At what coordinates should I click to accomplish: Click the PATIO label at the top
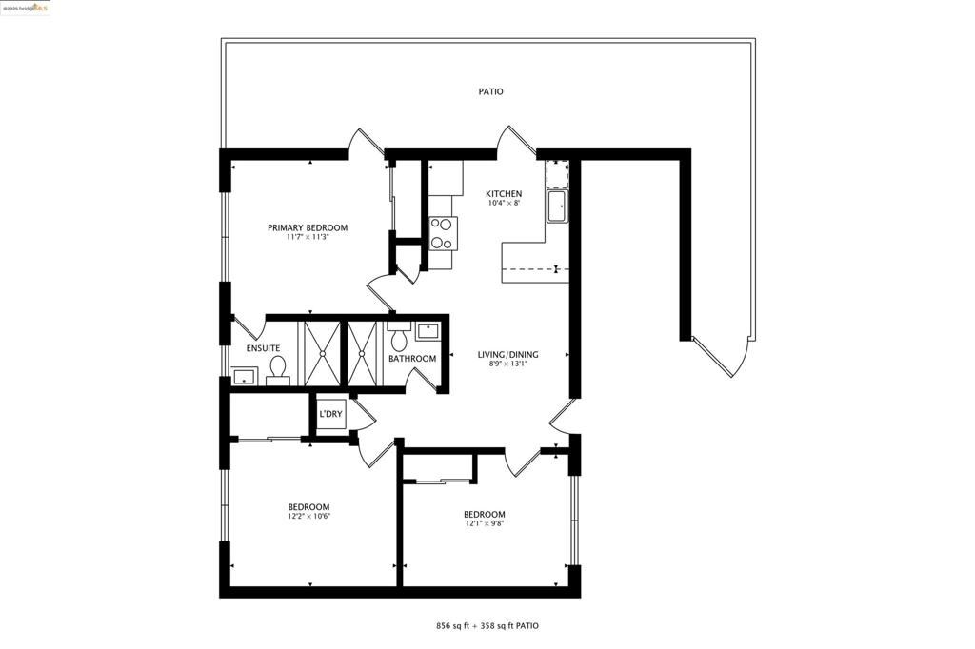490,92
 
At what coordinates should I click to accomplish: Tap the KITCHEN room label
504,194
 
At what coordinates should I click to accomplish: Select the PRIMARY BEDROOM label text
307,228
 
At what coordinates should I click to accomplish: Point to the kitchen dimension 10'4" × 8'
504,204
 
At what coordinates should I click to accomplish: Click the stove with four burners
443,233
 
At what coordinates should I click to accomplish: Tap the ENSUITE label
263,348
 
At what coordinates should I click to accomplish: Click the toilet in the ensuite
277,366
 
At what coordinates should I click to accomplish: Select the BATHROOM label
412,359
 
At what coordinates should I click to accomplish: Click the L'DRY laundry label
331,414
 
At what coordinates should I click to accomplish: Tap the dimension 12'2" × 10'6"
308,517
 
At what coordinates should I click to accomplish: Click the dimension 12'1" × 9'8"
485,524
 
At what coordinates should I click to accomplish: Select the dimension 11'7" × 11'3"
307,238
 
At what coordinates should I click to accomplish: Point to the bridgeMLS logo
26,8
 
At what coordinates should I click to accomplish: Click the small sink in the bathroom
427,332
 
